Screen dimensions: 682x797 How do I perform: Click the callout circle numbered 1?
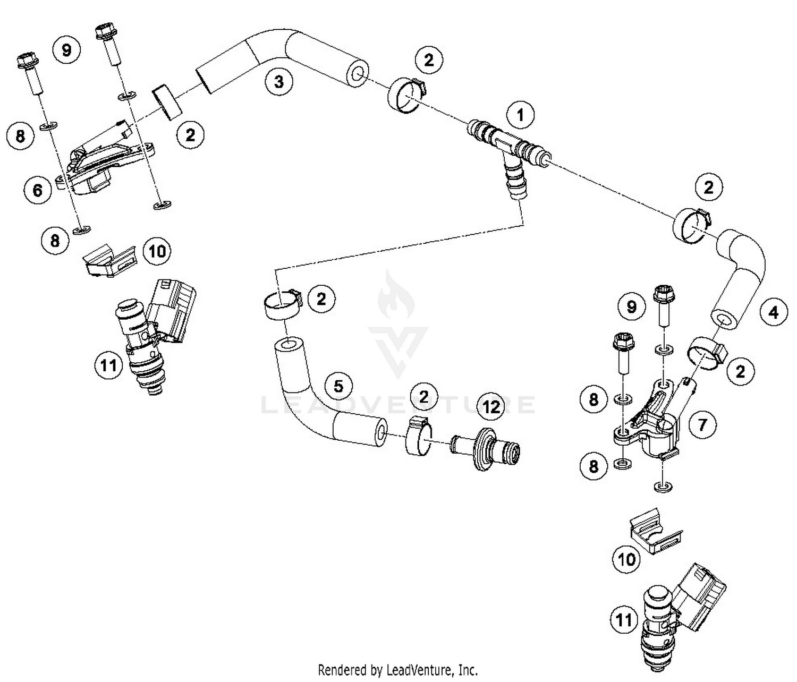pyautogui.click(x=520, y=115)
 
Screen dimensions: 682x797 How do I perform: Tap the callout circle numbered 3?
pyautogui.click(x=278, y=81)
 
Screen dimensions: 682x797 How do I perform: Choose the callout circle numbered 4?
pyautogui.click(x=774, y=312)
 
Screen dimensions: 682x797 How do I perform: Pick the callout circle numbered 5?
pyautogui.click(x=339, y=386)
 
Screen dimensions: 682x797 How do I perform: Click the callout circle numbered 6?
pyautogui.click(x=38, y=189)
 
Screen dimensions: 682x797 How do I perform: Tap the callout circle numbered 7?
pyautogui.click(x=702, y=424)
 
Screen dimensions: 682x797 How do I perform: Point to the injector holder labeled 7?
pyautogui.click(x=651, y=425)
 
